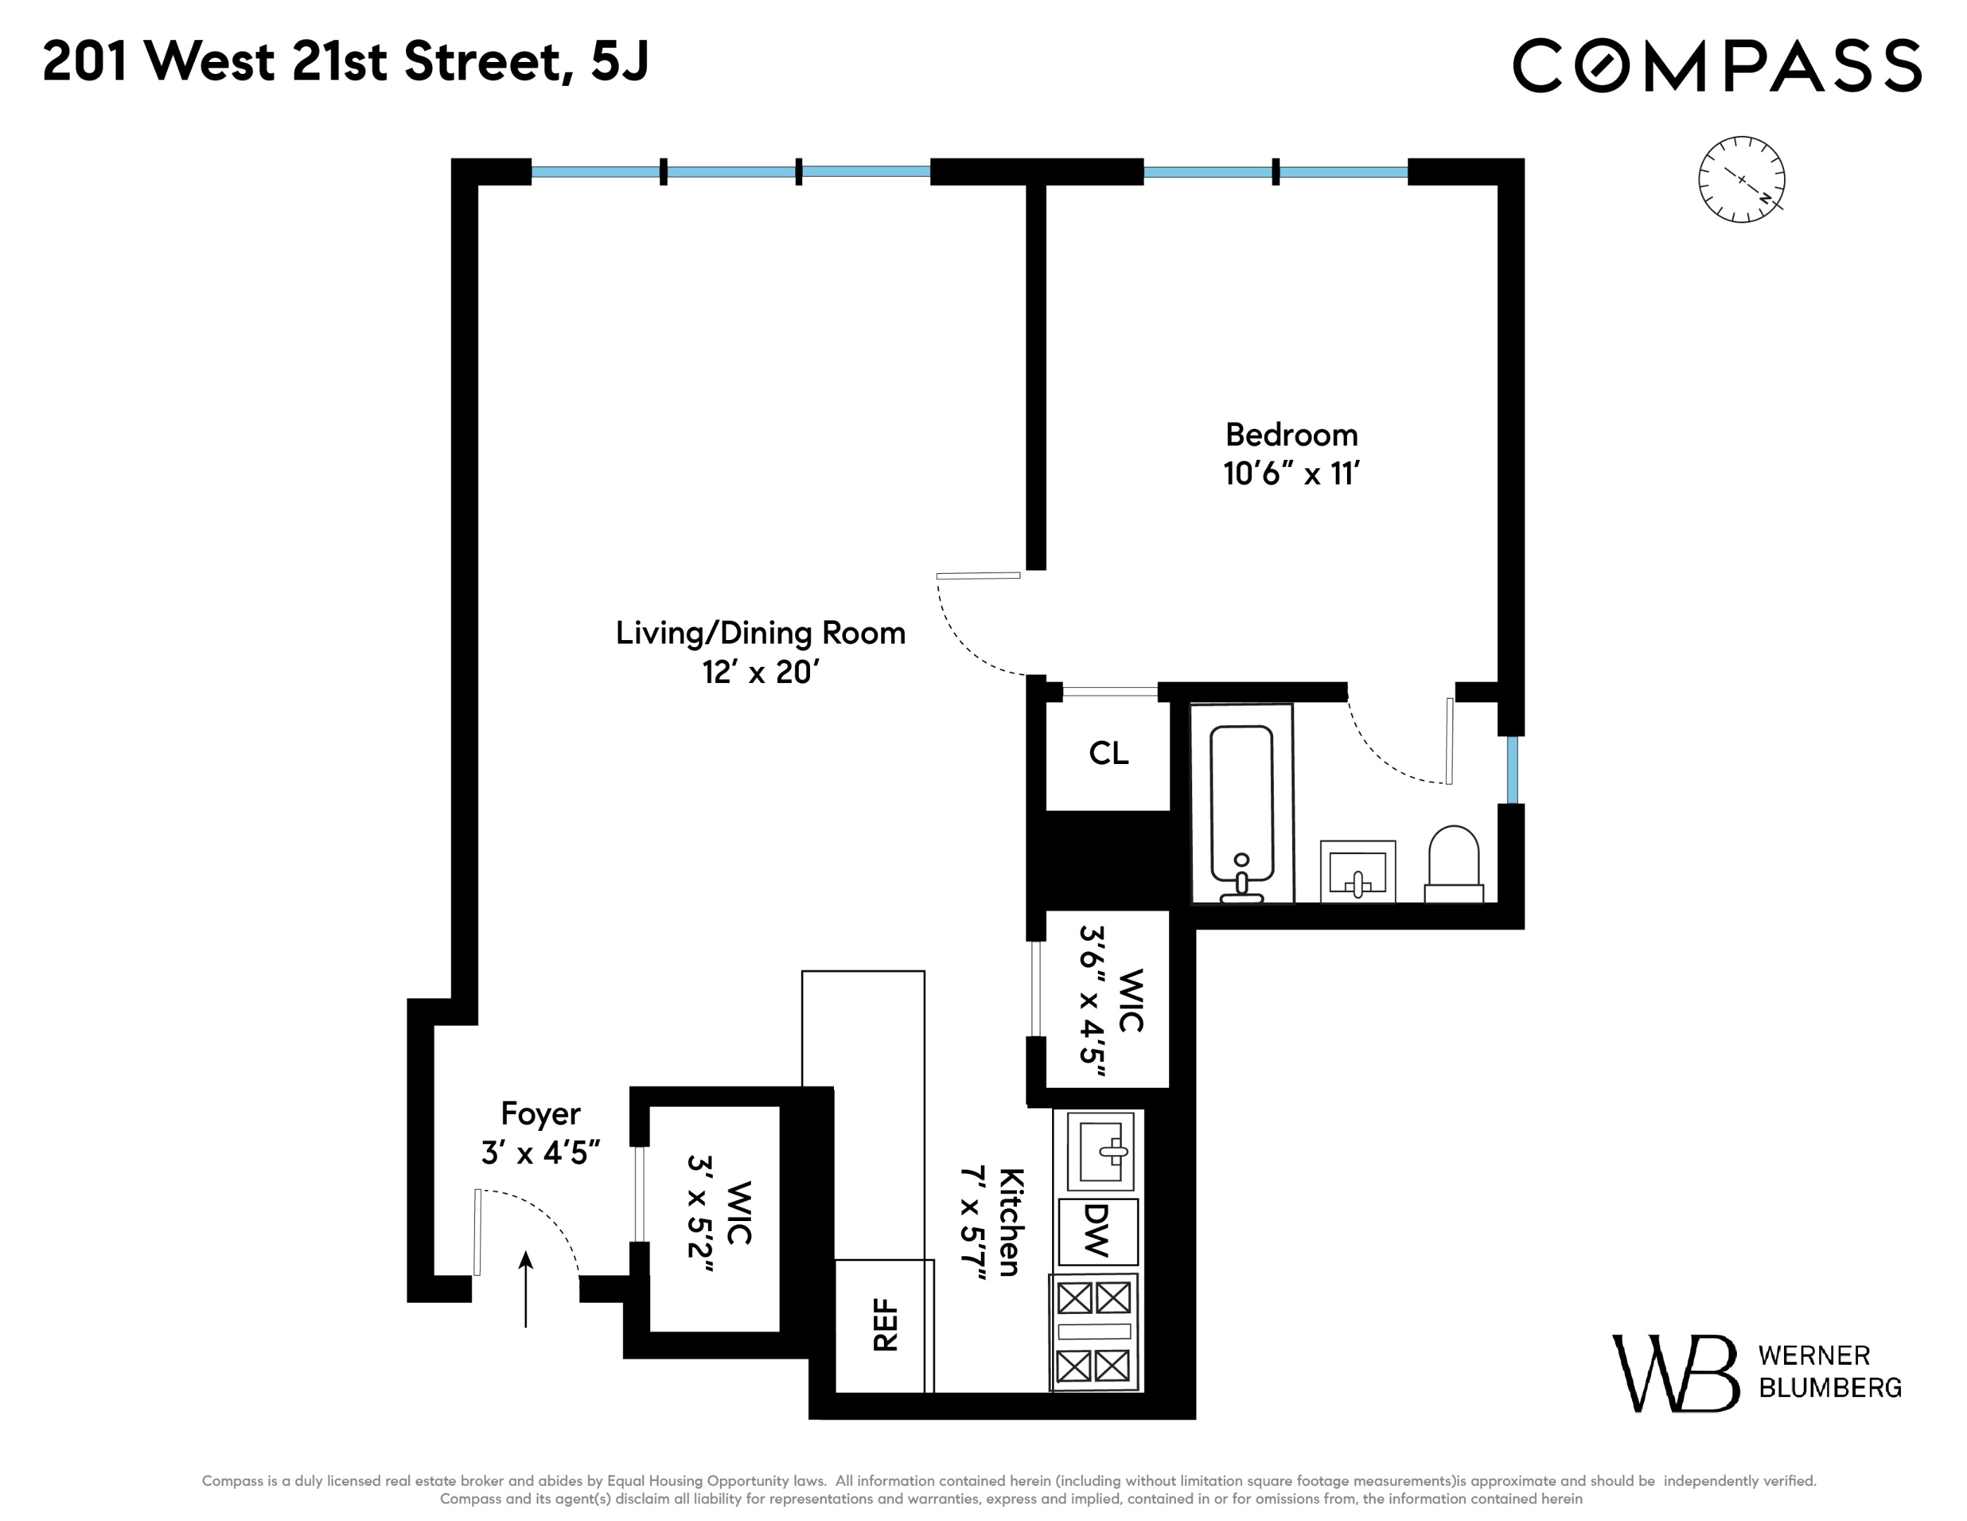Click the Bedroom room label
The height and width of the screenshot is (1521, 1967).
click(1291, 435)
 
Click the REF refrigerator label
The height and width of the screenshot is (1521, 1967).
click(885, 1325)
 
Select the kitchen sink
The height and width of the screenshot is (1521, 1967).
click(1100, 1151)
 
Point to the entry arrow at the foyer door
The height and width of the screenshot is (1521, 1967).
click(526, 1289)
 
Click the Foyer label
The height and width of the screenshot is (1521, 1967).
click(540, 1114)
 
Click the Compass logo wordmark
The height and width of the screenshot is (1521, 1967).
click(1716, 65)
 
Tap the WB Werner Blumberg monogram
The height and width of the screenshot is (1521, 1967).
click(1675, 1373)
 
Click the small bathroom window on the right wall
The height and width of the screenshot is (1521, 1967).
click(1512, 770)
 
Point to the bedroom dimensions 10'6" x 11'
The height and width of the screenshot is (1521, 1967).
click(1291, 474)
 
